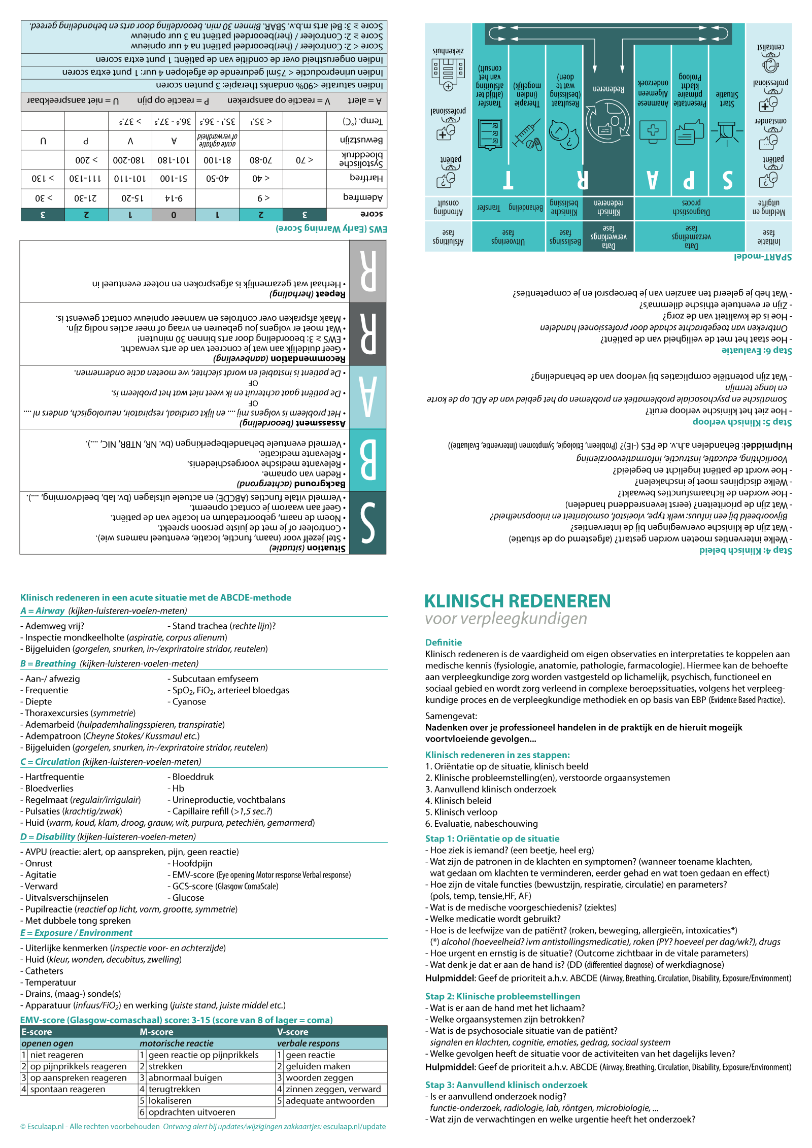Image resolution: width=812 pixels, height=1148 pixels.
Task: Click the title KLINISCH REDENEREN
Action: click(x=517, y=601)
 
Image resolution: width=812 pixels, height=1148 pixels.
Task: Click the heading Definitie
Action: click(x=443, y=642)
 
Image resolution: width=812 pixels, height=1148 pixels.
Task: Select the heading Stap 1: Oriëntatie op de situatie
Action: click(x=492, y=838)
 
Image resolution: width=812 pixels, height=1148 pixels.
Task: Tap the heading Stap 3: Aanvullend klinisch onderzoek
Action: click(x=506, y=1085)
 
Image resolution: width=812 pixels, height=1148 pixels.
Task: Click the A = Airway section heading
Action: click(x=43, y=611)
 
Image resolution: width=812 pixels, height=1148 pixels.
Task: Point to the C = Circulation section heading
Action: click(x=50, y=761)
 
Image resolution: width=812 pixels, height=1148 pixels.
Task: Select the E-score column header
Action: click(x=37, y=1032)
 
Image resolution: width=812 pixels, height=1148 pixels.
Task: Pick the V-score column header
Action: click(x=293, y=1032)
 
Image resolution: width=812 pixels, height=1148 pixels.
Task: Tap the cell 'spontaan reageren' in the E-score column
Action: click(x=67, y=1089)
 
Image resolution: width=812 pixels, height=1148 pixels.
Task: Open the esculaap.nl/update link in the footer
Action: click(x=354, y=1127)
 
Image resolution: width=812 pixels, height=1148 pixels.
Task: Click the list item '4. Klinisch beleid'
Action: click(x=458, y=800)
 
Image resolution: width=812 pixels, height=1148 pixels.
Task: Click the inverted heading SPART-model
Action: click(x=762, y=257)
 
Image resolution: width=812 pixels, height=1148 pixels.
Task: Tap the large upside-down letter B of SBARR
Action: click(x=368, y=460)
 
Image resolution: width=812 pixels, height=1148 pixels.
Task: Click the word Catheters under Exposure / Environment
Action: click(x=44, y=971)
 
